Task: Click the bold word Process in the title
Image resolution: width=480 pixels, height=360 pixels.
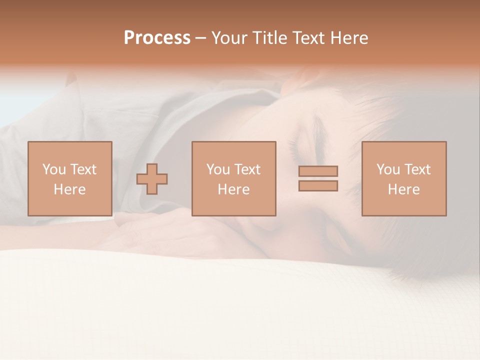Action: click(157, 38)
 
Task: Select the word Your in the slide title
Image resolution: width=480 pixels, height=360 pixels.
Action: click(229, 38)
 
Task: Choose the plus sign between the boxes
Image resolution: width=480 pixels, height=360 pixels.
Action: click(152, 179)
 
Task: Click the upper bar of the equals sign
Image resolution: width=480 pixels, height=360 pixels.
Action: click(318, 171)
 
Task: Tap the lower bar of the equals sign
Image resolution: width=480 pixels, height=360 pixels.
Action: click(318, 185)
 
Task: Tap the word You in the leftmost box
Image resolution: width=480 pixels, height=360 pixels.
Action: click(53, 169)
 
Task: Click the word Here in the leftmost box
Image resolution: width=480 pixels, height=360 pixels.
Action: click(69, 189)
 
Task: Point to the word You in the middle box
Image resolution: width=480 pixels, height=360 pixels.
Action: click(218, 169)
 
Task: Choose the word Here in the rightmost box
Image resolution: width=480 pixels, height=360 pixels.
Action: click(403, 189)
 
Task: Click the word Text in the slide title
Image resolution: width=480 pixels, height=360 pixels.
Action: click(308, 38)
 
